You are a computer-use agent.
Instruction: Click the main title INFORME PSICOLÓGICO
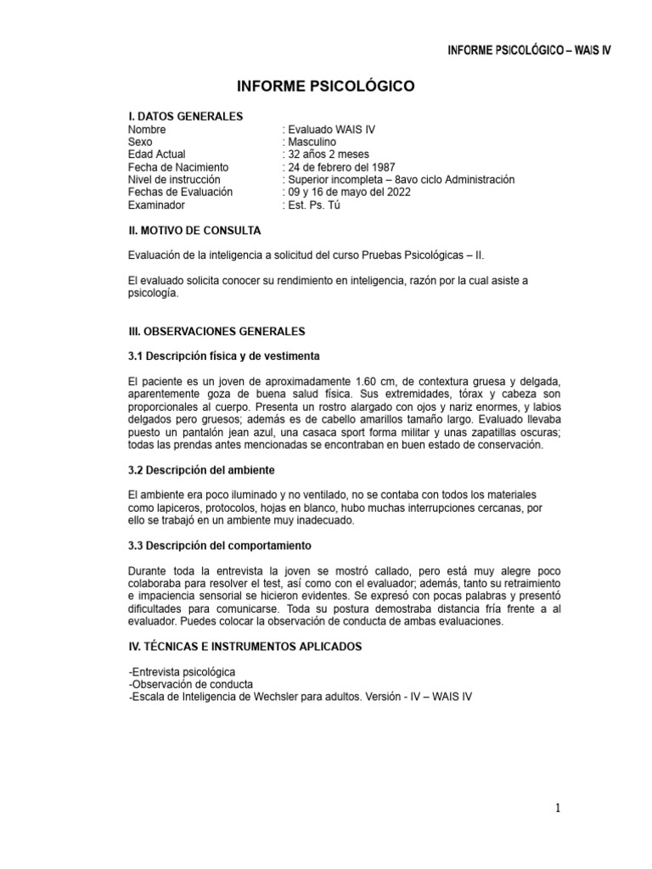click(325, 86)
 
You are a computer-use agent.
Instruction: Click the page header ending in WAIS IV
click(529, 50)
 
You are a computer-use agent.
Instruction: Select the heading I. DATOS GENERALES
click(185, 116)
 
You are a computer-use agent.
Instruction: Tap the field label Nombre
click(147, 130)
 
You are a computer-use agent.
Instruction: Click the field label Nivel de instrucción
click(174, 180)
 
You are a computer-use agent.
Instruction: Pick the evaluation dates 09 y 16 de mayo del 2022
click(349, 193)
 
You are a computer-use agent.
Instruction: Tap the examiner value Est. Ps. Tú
click(313, 205)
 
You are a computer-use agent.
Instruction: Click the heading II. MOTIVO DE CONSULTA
click(194, 231)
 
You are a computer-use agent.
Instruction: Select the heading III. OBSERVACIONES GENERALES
click(216, 330)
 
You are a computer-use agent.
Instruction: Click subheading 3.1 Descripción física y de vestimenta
click(223, 355)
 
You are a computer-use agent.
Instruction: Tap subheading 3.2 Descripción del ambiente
click(201, 469)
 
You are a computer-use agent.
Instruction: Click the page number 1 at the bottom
click(559, 809)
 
